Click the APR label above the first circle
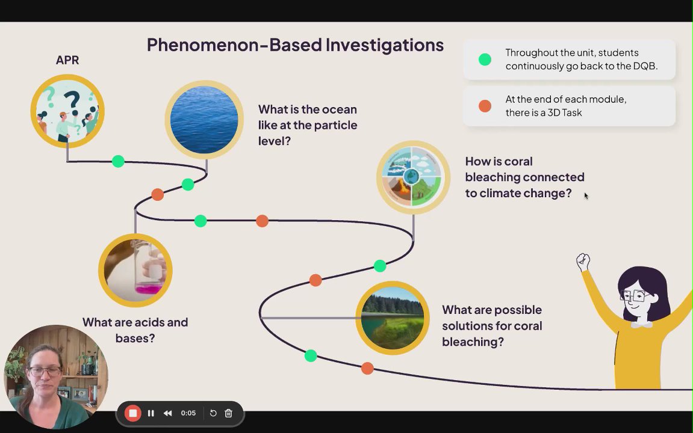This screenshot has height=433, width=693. (x=67, y=60)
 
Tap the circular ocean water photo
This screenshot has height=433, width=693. (x=204, y=120)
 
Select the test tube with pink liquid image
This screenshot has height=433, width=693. (x=135, y=270)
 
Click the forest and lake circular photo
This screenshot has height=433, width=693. (x=393, y=318)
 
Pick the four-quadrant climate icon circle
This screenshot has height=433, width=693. (x=413, y=177)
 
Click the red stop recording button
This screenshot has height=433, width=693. (x=132, y=413)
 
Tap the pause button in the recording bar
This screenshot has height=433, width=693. (x=151, y=413)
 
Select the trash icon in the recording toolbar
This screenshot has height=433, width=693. (x=229, y=413)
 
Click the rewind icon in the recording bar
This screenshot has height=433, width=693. (x=167, y=413)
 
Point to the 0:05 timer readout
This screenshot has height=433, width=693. (x=188, y=413)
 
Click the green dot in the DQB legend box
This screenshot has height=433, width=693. (x=485, y=59)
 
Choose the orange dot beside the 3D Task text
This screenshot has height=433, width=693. (x=485, y=106)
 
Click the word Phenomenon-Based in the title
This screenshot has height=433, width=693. (x=234, y=45)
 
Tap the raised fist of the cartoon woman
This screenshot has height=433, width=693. (x=583, y=261)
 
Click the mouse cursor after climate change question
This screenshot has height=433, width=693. (x=586, y=196)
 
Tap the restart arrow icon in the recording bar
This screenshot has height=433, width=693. (x=213, y=413)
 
